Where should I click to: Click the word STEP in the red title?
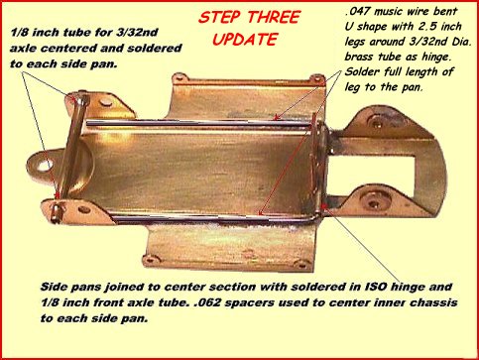coord(220,18)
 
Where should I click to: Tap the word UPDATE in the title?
coord(245,40)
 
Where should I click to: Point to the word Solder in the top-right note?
coord(362,71)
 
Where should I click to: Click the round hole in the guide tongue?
coord(44,166)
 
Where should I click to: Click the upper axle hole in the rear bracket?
coord(377,124)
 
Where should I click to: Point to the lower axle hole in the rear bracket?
coord(375,202)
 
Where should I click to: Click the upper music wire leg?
coord(199,123)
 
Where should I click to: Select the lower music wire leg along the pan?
coord(211,218)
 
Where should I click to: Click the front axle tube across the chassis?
coord(71,157)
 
